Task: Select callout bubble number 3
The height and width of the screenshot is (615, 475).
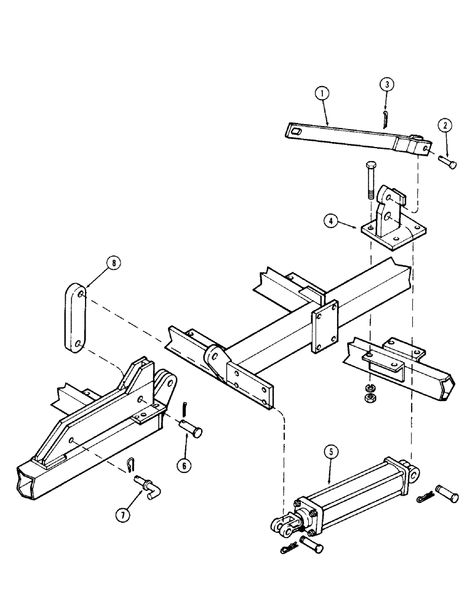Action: pyautogui.click(x=385, y=84)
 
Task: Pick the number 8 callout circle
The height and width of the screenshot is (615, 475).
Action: pyautogui.click(x=113, y=264)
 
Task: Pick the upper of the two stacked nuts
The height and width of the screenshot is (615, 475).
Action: pyautogui.click(x=371, y=387)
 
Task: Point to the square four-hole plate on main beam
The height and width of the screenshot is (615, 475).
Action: pyautogui.click(x=324, y=327)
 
